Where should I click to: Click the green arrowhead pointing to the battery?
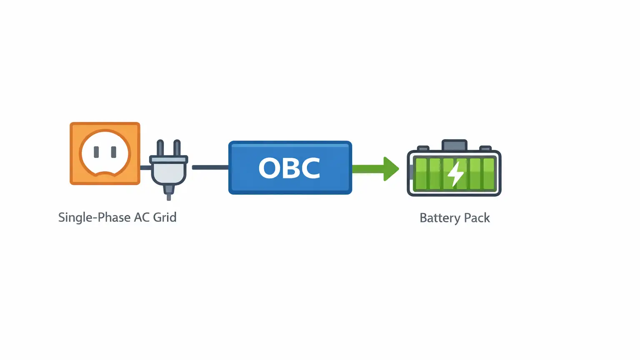390,169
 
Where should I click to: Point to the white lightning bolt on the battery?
455,173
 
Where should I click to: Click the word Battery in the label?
440,218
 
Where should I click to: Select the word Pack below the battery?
477,218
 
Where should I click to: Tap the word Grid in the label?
165,217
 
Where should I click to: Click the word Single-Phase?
94,217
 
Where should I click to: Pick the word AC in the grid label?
142,217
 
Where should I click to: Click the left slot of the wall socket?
96,152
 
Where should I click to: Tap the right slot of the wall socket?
113,152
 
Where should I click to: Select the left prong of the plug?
160,148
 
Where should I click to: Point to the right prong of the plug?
177,148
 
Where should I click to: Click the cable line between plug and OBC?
210,167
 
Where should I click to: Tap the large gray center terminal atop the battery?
454,145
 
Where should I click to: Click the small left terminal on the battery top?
423,148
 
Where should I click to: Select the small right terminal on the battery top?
485,148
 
